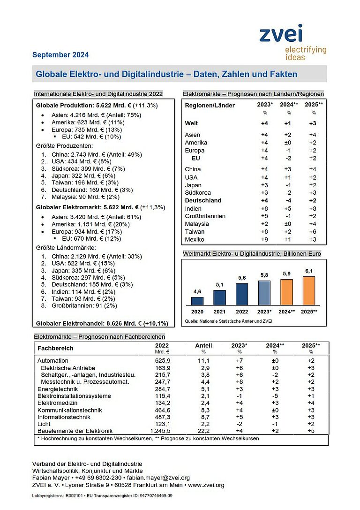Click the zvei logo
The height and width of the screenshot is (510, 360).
[x=292, y=42]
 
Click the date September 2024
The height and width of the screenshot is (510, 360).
[x=60, y=55]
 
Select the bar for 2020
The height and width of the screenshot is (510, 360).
[x=198, y=301]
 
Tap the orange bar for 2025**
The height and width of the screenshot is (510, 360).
[x=308, y=291]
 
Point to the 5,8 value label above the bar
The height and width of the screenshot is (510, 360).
[x=264, y=275]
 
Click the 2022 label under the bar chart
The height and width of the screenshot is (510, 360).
[x=242, y=312]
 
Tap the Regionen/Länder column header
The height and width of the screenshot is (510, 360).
[x=210, y=105]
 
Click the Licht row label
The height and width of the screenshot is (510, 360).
[x=44, y=424]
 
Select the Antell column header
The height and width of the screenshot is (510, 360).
[x=203, y=346]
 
